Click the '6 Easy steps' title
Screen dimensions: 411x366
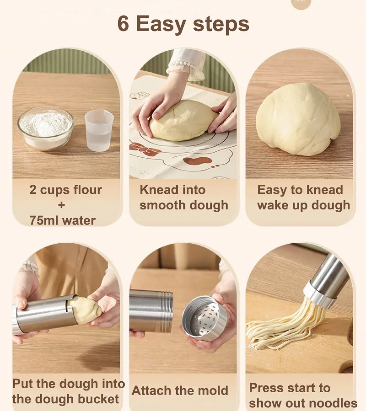[x=183, y=24]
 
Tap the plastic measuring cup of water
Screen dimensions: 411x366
[x=99, y=130]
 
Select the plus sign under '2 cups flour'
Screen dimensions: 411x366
[x=61, y=205]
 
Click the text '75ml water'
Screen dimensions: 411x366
[x=62, y=220]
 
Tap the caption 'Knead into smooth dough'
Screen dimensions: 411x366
[x=183, y=197]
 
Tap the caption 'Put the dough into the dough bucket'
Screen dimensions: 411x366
[x=68, y=391]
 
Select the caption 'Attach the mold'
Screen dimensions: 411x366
[x=180, y=390]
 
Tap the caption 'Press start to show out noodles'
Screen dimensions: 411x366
[x=302, y=395]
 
